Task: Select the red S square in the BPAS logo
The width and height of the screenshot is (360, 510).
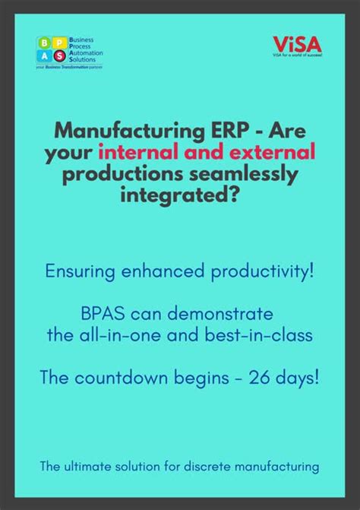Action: click(62, 56)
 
